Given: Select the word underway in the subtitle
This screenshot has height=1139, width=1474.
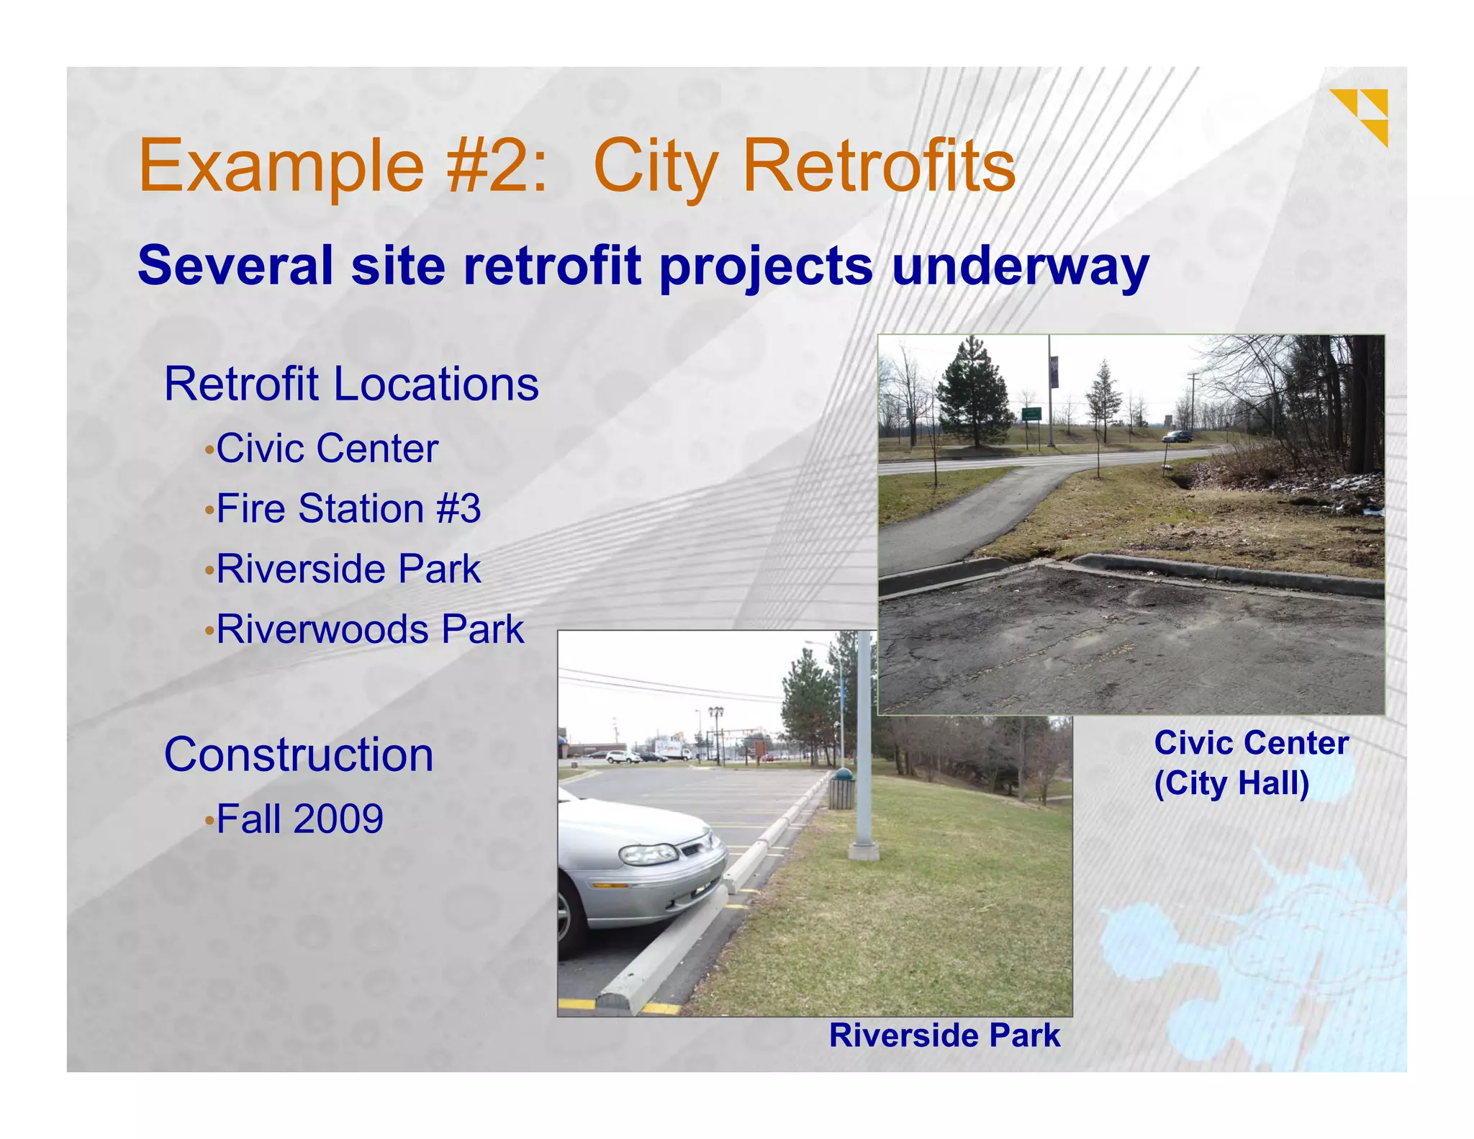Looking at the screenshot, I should [1020, 266].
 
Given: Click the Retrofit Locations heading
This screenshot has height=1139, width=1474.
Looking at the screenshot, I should [351, 384].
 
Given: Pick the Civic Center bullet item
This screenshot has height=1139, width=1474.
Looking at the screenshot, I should [327, 449].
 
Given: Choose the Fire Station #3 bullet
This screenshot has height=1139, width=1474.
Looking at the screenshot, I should [348, 509].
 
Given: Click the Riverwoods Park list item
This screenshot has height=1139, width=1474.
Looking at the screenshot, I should [370, 629].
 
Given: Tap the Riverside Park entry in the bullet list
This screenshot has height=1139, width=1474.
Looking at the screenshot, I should [348, 569].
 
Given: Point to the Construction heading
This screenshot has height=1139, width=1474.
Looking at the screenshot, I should [299, 755].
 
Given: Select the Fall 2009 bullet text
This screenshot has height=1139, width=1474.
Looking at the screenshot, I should [299, 819].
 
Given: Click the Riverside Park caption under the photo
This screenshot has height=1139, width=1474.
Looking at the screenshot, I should [944, 1035].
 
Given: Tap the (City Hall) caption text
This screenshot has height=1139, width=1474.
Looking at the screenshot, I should [1231, 783].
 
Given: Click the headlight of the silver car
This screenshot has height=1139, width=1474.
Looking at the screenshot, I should [648, 855].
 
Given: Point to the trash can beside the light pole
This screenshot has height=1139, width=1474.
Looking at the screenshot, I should [841, 789].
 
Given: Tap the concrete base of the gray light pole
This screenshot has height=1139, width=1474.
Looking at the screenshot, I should [864, 852].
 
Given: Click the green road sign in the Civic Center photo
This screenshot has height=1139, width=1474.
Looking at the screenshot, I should [1031, 414].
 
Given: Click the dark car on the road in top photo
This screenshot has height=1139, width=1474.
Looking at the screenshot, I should [1177, 436].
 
